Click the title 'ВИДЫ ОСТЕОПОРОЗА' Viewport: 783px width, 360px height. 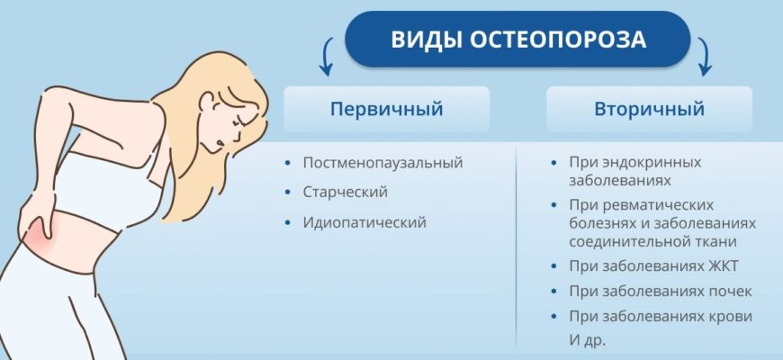point(517,40)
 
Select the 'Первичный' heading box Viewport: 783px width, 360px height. point(386,109)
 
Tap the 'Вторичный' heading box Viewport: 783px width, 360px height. point(649,109)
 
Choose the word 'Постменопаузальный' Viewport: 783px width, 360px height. point(383,163)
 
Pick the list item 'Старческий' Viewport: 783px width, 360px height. point(345,193)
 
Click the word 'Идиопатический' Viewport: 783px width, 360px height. point(364,222)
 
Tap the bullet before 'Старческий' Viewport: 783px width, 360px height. point(287,193)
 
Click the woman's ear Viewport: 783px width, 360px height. point(208,102)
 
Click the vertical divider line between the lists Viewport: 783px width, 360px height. point(517,246)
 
